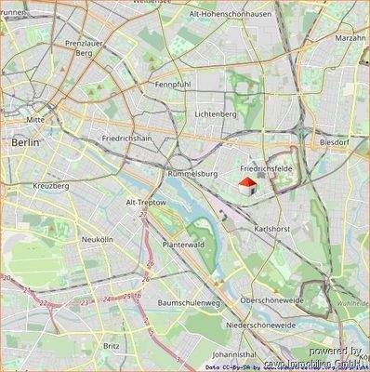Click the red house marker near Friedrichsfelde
(247, 187)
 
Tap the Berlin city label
(25, 143)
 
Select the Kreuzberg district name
(51, 186)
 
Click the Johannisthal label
(234, 354)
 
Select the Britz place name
(112, 345)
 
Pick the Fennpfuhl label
(174, 83)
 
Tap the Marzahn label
(350, 38)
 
